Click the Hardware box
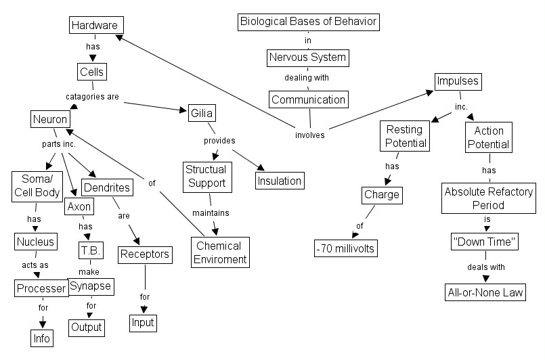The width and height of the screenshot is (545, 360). pos(97,26)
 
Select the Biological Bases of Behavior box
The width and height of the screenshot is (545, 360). pos(309,22)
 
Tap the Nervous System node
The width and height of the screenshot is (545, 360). pos(307,58)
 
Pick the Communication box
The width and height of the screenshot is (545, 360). pos(309,100)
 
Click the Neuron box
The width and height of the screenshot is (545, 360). pos(49,120)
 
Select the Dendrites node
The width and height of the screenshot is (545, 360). pos(106,187)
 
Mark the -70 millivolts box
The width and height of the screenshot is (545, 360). pos(345,248)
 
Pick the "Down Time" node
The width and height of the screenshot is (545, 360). pos(484,241)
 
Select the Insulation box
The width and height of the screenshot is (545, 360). pos(278,181)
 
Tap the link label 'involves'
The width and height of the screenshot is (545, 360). pos(309,135)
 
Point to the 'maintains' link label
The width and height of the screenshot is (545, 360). pos(211,213)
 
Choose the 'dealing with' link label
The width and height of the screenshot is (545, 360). pos(306,78)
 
